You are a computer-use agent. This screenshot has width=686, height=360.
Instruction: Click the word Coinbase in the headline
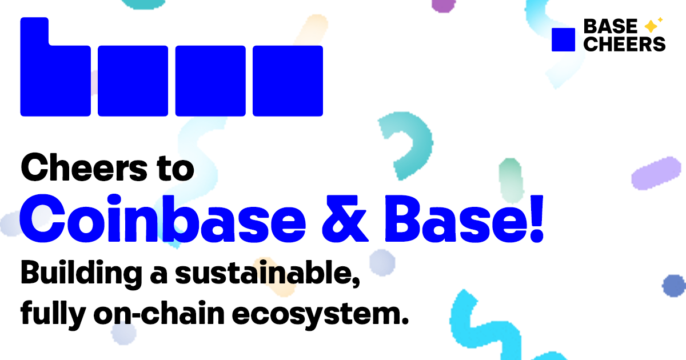click(162, 218)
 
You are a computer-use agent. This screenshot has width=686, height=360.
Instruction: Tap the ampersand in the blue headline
click(345, 218)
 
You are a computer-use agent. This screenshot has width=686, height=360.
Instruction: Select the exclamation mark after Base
click(537, 218)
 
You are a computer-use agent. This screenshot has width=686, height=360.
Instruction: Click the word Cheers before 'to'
click(84, 167)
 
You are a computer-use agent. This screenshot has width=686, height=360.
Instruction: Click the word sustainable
click(268, 273)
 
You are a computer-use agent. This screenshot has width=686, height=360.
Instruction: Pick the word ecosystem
click(320, 314)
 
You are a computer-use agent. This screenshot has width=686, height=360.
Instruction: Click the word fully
click(53, 314)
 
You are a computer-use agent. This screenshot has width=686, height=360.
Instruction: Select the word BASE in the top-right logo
click(610, 26)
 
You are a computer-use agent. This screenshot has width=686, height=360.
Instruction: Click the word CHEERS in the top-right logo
click(624, 44)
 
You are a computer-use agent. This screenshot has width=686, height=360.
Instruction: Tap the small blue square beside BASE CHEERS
click(563, 39)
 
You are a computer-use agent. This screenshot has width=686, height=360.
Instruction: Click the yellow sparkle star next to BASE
click(651, 26)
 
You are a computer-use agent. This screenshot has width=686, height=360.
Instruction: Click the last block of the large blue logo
click(288, 81)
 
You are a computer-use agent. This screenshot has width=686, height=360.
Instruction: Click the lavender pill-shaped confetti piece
click(656, 173)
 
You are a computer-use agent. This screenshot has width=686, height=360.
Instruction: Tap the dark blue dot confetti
click(673, 286)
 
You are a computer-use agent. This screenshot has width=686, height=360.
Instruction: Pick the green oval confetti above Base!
click(510, 181)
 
